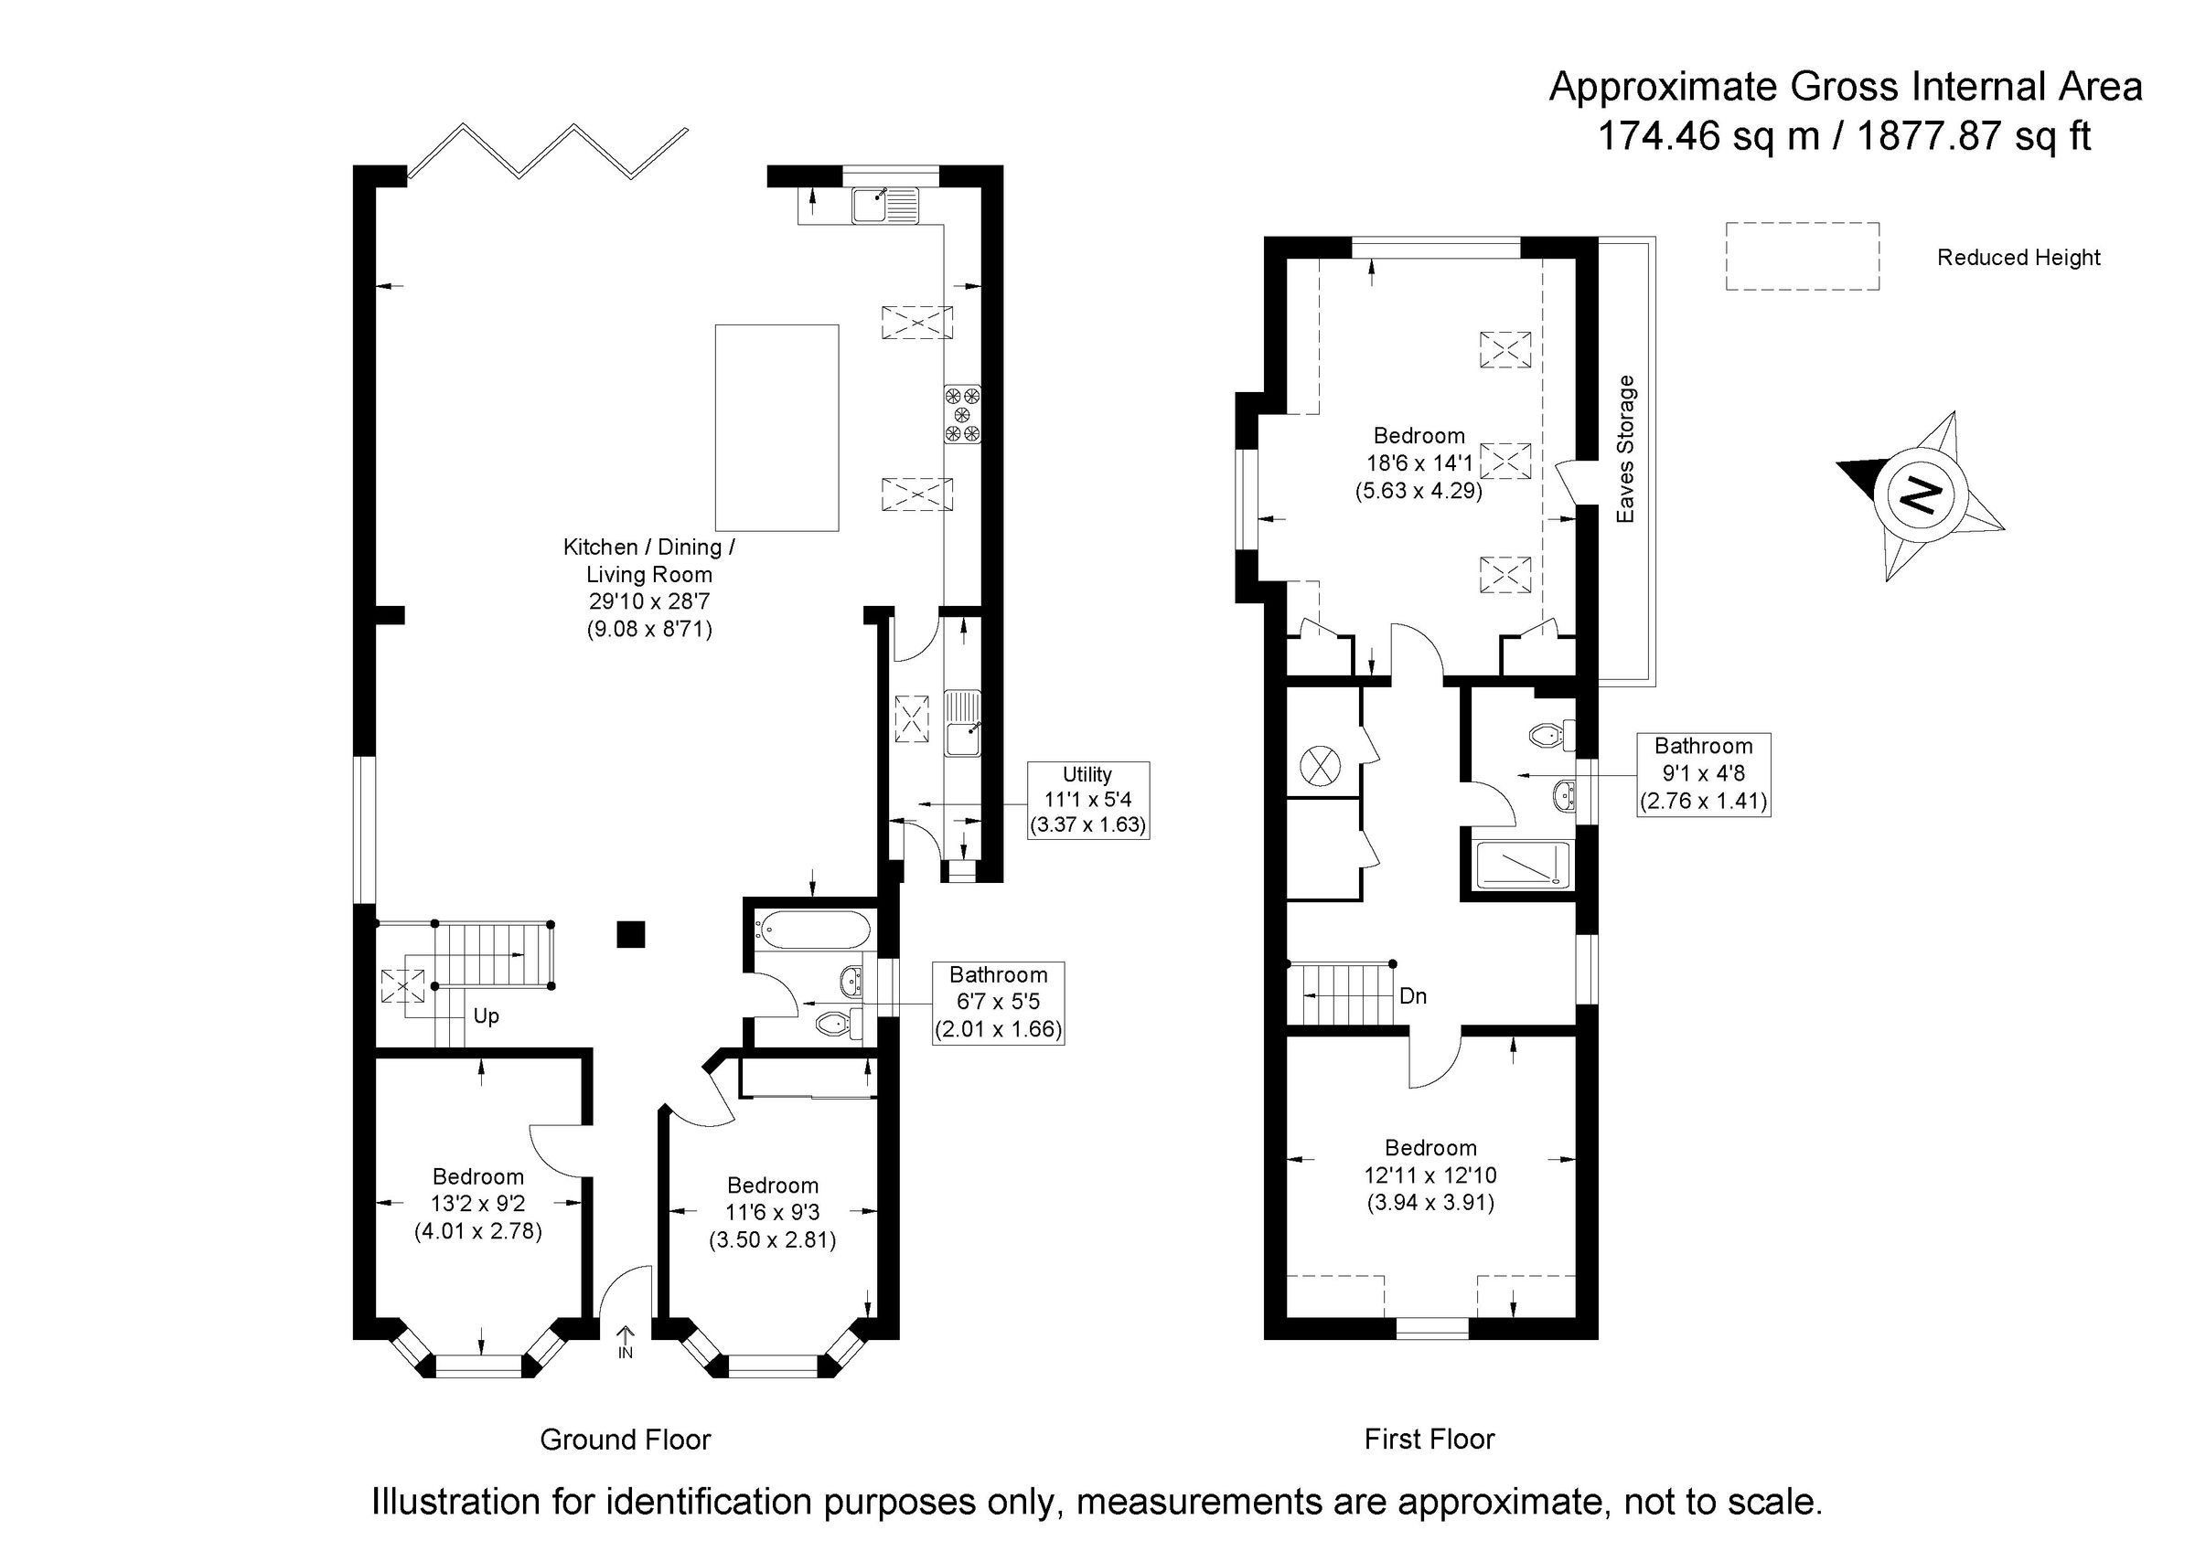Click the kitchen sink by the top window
point(884,206)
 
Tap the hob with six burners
point(962,414)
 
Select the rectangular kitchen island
point(776,427)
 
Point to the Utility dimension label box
point(1087,800)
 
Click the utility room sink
point(962,722)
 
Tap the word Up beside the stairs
point(486,1015)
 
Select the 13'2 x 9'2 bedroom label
point(478,1203)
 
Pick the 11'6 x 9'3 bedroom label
point(773,1213)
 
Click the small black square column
point(630,934)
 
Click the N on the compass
point(1919,494)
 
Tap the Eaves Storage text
point(1625,449)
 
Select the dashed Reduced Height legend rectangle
point(1801,256)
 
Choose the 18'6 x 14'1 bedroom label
point(1419,463)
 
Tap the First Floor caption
point(1429,1439)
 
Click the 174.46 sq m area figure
point(1708,137)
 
